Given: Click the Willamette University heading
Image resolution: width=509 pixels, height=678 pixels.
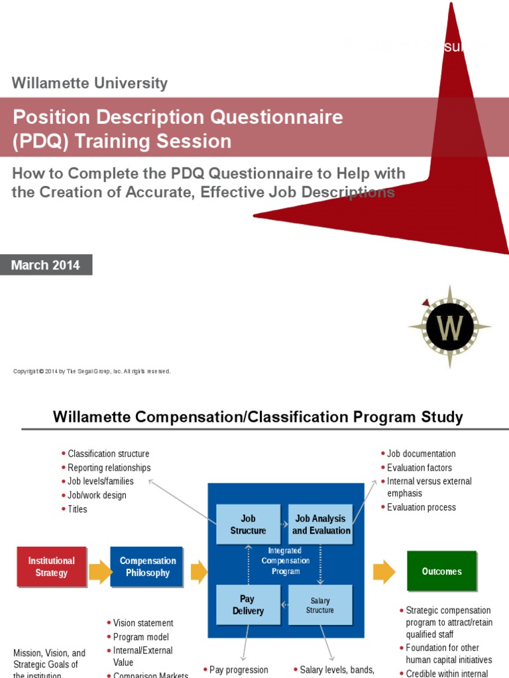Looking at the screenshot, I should coord(89,83).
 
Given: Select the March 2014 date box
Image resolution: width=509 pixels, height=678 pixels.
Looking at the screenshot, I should coord(46,266).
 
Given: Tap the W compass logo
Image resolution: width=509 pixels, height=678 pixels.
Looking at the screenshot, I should coord(450,326).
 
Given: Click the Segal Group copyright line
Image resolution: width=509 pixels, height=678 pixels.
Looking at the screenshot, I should coord(92,371).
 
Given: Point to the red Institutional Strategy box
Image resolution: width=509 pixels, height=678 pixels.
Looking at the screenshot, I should coord(52,567).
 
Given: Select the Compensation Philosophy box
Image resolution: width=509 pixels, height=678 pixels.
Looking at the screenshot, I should coord(148,567).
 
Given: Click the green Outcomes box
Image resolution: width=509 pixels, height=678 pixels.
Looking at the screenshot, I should coord(441,571).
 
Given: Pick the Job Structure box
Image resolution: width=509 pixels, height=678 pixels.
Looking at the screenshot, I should coord(248,524).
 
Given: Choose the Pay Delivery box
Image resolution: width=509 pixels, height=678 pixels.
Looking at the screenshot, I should coord(248,605).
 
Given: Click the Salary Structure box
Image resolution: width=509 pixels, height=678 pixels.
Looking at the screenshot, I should coord(320,605).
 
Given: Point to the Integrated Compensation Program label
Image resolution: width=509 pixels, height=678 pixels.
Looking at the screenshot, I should coord(285,561).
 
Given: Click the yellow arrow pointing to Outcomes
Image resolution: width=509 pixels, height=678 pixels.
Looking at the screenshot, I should coord(384,571).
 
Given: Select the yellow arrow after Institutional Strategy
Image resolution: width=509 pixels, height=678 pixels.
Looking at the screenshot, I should coord(99,571).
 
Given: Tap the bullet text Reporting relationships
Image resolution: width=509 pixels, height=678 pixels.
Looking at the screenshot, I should coord(109,467).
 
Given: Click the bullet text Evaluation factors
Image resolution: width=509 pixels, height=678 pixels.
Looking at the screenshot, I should coord(420,467).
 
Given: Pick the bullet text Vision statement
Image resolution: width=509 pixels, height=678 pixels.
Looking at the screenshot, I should coord(143,623).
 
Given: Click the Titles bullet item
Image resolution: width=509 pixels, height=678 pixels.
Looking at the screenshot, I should coord(78,509).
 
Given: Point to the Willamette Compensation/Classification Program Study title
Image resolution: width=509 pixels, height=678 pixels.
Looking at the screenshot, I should coord(258,417).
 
